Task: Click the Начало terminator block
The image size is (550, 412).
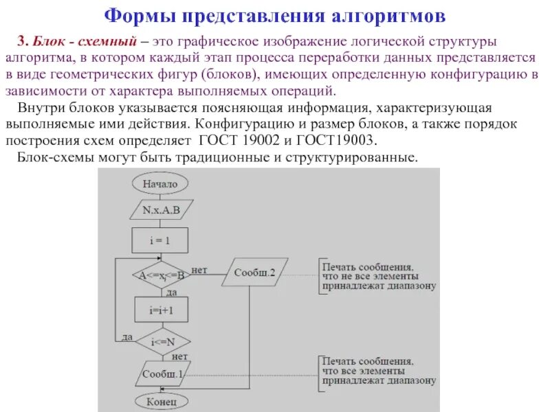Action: (160, 184)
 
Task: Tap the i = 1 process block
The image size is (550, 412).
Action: (160, 241)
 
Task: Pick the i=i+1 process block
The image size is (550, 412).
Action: (161, 309)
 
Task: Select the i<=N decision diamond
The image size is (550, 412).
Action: (161, 341)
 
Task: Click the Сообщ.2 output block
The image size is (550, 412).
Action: (254, 273)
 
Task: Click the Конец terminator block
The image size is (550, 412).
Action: (161, 400)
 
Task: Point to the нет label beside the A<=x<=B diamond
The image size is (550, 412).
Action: (200, 269)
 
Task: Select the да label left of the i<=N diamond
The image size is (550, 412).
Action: (127, 336)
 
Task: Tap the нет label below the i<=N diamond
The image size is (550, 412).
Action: (180, 356)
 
